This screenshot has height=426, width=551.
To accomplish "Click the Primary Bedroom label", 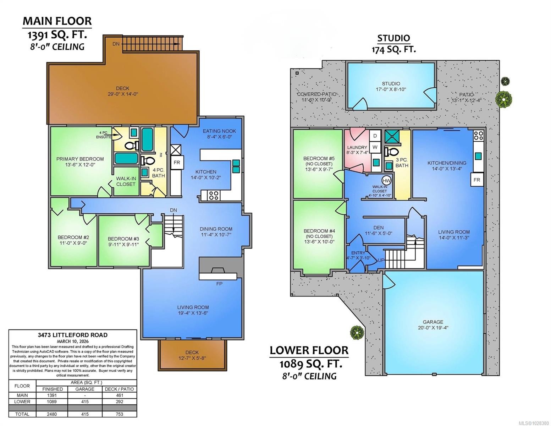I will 80,159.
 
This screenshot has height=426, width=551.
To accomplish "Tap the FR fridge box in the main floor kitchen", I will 177,163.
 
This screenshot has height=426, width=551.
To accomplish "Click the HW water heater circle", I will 387,181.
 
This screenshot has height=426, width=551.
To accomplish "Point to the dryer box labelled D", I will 375,136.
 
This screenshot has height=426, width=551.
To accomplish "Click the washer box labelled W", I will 375,147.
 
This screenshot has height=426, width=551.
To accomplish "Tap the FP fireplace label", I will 219,284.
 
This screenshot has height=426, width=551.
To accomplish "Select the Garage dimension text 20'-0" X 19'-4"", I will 433,328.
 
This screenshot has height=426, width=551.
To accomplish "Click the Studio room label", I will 391,84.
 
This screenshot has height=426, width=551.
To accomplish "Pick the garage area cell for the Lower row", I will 85,402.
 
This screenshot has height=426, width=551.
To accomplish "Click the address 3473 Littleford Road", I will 72,335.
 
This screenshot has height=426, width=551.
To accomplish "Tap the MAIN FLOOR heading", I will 57,21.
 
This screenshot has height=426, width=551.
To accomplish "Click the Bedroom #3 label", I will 123,239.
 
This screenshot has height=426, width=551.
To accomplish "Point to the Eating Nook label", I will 219,131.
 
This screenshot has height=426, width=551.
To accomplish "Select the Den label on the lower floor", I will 379,228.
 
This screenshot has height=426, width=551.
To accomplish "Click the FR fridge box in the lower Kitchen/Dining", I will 476,180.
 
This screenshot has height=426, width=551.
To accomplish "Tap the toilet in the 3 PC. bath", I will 391,152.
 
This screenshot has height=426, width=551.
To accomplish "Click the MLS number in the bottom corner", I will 534,423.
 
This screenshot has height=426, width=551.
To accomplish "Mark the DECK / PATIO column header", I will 119,389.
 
